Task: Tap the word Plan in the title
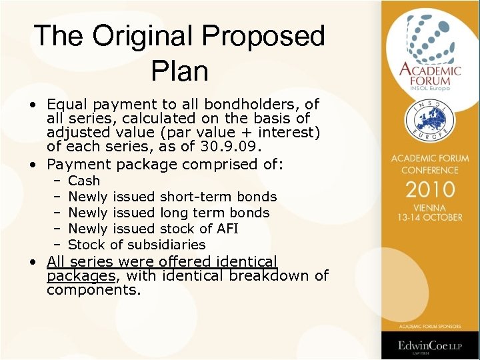[180, 71]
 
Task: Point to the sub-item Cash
[84, 181]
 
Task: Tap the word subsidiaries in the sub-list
[166, 245]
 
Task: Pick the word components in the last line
[92, 290]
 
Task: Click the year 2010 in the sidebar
[430, 189]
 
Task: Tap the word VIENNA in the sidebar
[430, 207]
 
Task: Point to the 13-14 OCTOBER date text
[430, 217]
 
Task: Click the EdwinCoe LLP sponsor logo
[430, 345]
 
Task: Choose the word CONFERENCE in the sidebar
[430, 170]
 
